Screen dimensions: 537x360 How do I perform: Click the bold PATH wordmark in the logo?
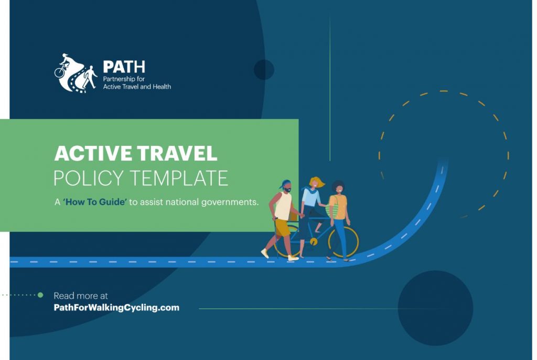tap(124, 67)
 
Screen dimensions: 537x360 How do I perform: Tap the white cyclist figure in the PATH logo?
tap(65, 65)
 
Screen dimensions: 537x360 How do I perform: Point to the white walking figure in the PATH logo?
tap(90, 77)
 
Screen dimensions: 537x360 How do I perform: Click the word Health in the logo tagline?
tap(162, 87)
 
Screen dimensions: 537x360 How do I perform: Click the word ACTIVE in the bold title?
tap(93, 153)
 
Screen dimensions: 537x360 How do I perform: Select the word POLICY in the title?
tap(88, 178)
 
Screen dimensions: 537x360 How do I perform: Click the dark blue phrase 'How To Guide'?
tap(95, 202)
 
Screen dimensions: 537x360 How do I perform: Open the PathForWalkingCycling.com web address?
tap(116, 308)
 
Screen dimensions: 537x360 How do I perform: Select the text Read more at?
tap(81, 295)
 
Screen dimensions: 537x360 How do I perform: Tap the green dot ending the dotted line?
tap(40, 295)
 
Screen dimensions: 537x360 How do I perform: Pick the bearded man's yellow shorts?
tap(283, 228)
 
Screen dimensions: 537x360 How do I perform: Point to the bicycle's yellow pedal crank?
tap(313, 241)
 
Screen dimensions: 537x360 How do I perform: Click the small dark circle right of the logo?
tap(264, 70)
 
